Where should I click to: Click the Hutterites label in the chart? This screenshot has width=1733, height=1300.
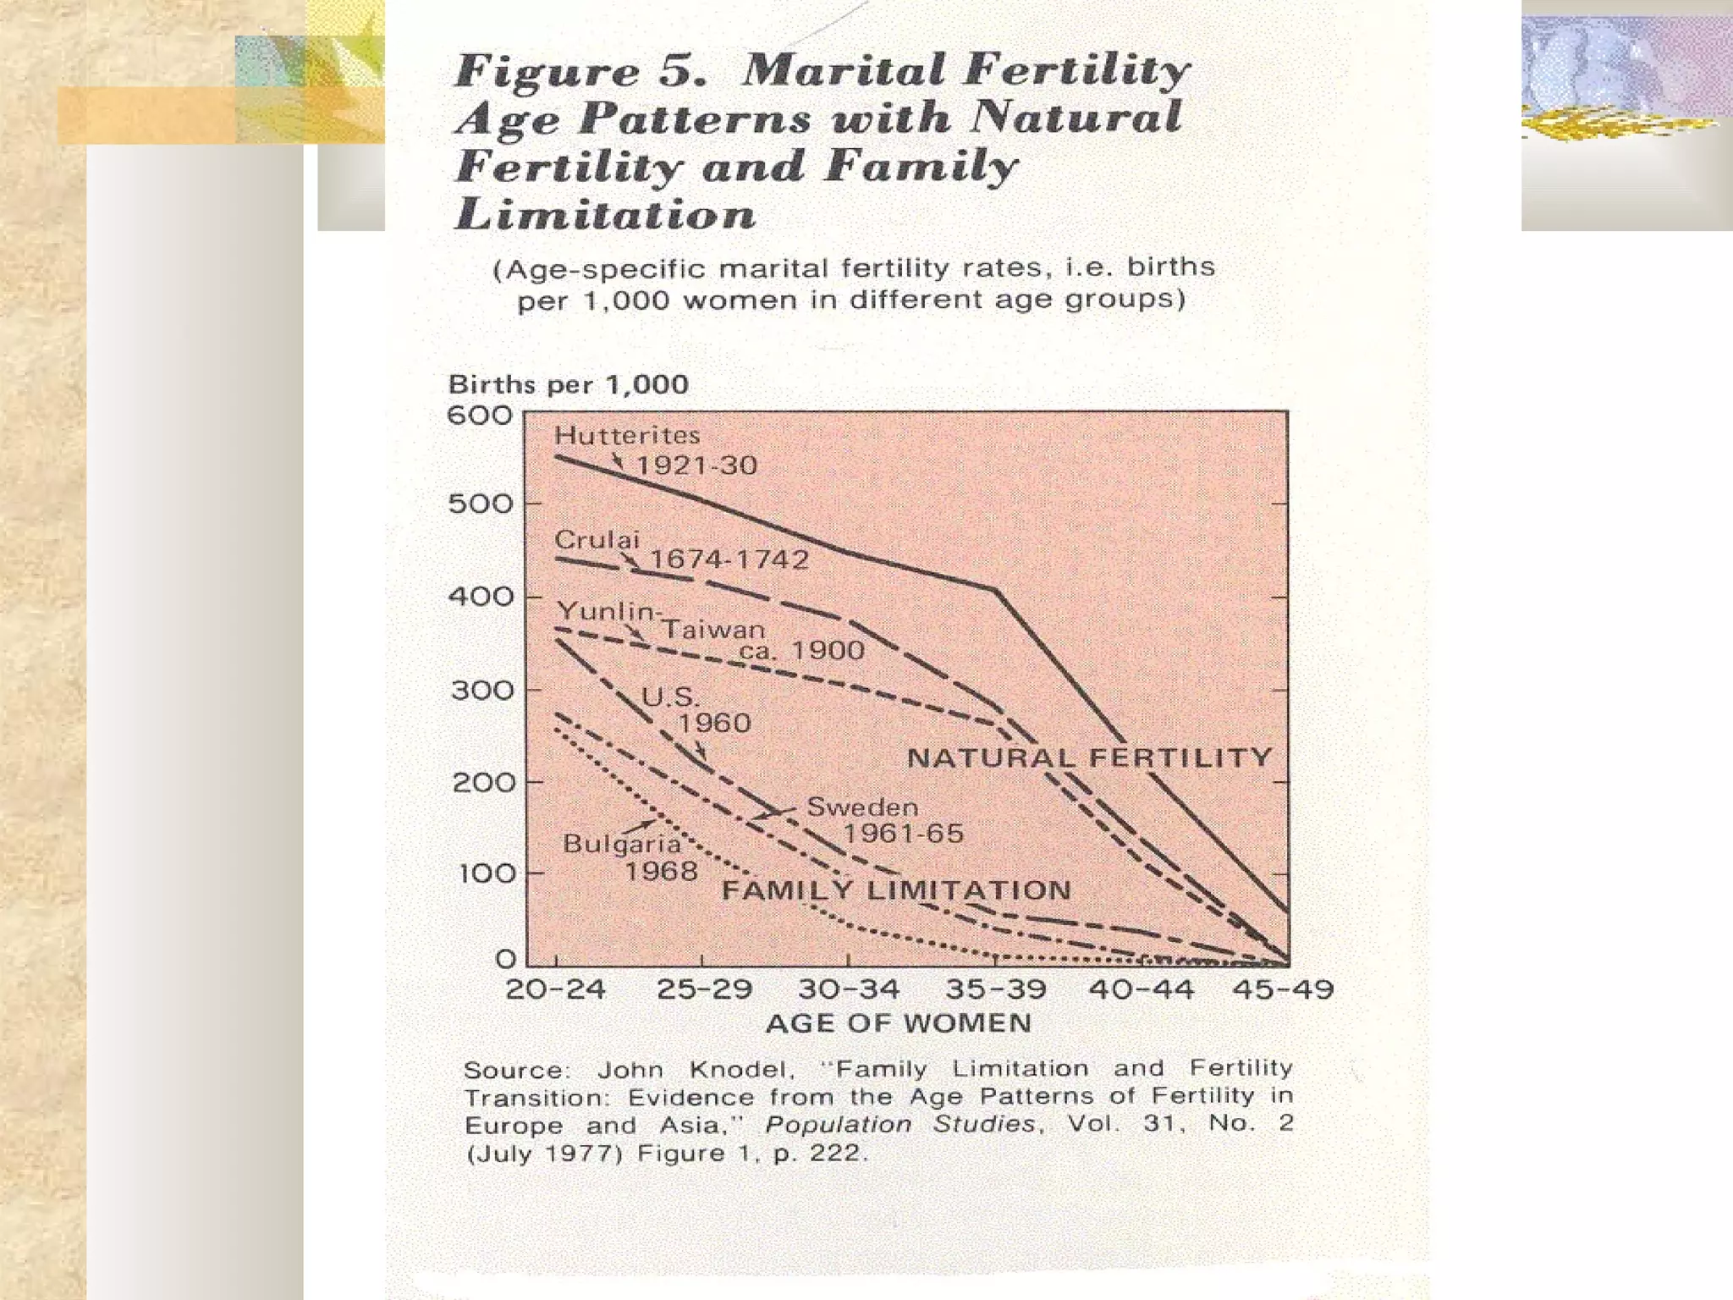(x=627, y=436)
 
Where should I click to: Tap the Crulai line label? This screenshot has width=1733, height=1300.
(x=597, y=540)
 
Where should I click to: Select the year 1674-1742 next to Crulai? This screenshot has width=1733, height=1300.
(x=729, y=559)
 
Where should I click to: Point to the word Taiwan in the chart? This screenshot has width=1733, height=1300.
(x=713, y=630)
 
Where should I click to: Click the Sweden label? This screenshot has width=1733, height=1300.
(x=861, y=807)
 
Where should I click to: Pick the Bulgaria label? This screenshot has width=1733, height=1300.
(x=622, y=844)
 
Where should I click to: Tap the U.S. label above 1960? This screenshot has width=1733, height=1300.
(x=671, y=697)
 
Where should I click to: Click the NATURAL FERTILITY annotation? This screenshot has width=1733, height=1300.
(x=1089, y=757)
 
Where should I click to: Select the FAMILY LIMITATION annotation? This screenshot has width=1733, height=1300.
(x=896, y=890)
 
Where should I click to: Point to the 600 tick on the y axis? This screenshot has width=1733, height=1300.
(x=480, y=416)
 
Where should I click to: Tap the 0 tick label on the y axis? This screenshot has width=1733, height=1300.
(x=505, y=959)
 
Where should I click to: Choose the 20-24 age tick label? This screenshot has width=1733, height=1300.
(x=555, y=989)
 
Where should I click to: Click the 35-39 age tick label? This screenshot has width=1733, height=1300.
(x=995, y=989)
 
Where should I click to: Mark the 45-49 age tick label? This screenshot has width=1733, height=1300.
(x=1282, y=989)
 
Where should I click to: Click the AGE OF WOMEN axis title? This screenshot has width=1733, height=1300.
(x=898, y=1023)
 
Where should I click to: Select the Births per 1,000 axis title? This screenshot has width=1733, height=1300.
(x=568, y=385)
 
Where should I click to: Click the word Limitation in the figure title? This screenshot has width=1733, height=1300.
(x=605, y=214)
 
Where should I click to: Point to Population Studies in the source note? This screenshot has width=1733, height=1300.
(x=900, y=1125)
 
